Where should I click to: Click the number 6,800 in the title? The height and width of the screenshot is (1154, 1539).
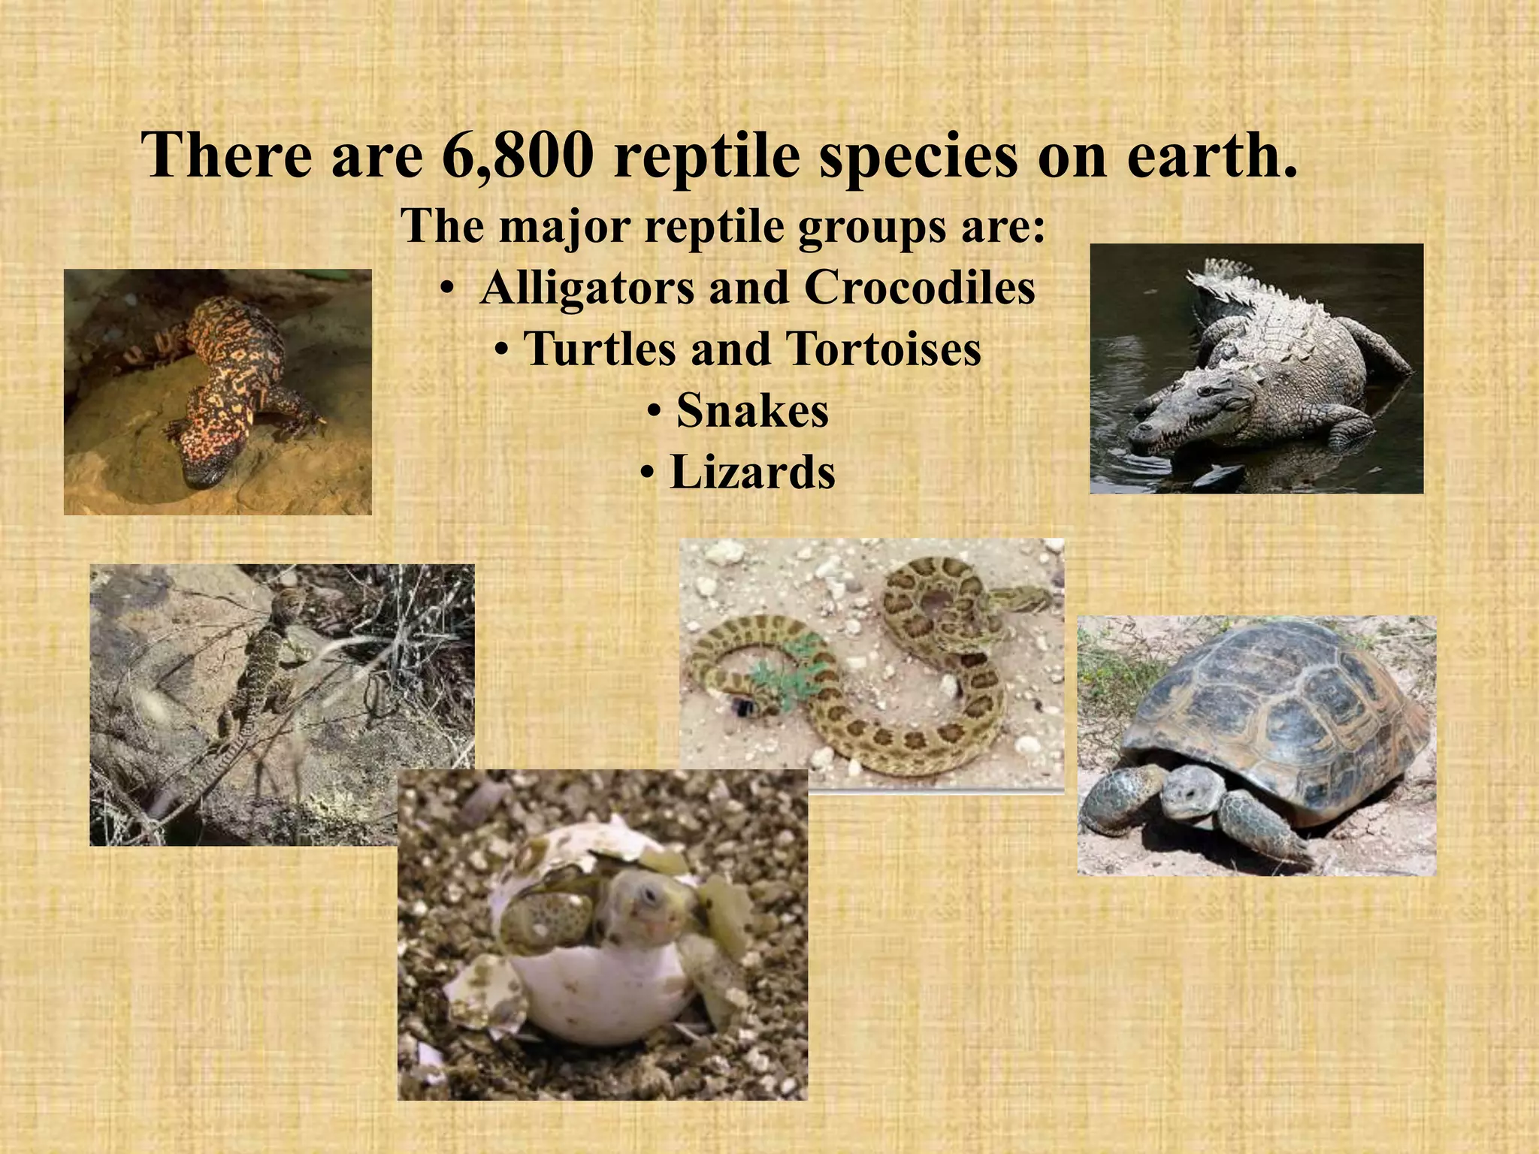click(519, 156)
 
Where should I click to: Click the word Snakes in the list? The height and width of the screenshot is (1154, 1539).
click(752, 411)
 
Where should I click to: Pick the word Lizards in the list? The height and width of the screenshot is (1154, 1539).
click(752, 473)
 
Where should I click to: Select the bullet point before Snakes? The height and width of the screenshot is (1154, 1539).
click(655, 412)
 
